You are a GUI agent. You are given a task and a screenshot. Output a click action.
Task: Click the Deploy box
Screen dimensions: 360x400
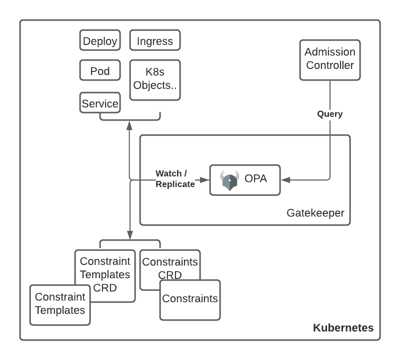(100, 40)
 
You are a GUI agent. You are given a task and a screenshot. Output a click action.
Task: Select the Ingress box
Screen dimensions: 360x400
(155, 40)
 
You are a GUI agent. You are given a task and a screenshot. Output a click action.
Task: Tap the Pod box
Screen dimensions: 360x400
(100, 70)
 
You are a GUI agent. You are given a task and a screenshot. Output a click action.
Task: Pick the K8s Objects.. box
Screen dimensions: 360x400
(155, 78)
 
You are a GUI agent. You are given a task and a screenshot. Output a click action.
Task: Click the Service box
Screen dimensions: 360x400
(100, 103)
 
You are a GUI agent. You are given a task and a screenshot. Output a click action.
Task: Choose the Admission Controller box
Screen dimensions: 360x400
(330, 59)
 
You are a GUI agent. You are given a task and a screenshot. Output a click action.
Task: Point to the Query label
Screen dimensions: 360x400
(330, 114)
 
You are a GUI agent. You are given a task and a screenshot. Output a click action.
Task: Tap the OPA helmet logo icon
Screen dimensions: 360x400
(230, 180)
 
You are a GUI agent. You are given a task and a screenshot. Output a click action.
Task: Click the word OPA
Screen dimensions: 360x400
(255, 179)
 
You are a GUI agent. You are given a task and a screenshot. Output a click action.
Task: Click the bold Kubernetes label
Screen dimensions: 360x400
(343, 328)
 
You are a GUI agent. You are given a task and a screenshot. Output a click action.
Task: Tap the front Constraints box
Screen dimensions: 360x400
(190, 299)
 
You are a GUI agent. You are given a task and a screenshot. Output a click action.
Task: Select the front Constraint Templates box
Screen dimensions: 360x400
(60, 303)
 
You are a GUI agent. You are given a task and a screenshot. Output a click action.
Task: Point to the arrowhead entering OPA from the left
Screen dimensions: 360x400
(205, 179)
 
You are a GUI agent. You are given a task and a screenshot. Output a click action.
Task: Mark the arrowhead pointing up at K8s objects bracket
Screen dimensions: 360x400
(130, 124)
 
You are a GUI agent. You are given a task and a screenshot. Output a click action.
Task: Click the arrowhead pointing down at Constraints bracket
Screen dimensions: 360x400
(130, 235)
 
